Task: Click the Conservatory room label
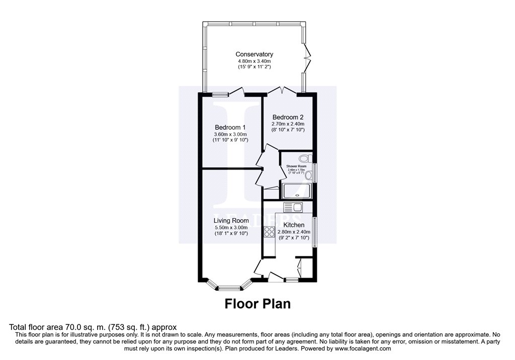pyautogui.click(x=254, y=54)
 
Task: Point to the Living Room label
pyautogui.click(x=231, y=220)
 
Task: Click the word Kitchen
pyautogui.click(x=294, y=225)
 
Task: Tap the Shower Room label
pyautogui.click(x=296, y=166)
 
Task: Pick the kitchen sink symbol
pyautogui.click(x=292, y=207)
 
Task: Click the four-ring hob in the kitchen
pyautogui.click(x=269, y=232)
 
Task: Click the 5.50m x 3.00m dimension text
pyautogui.click(x=231, y=227)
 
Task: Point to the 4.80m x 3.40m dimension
pyautogui.click(x=254, y=61)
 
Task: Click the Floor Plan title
pyautogui.click(x=257, y=304)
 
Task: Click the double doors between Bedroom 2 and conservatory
pyautogui.click(x=282, y=91)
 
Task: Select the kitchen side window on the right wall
pyautogui.click(x=315, y=232)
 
